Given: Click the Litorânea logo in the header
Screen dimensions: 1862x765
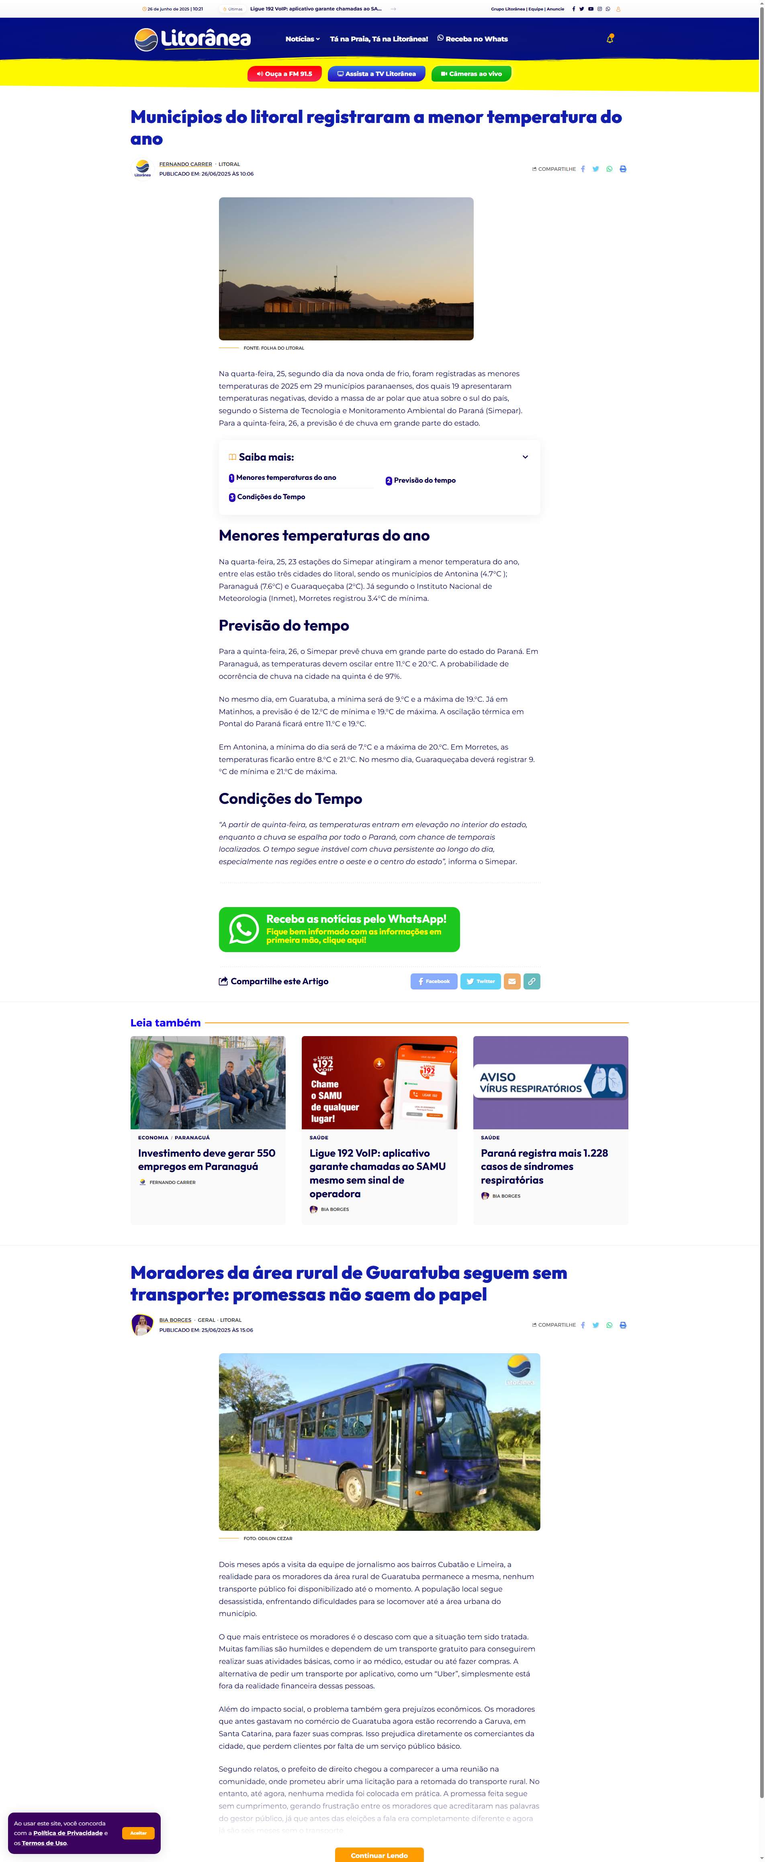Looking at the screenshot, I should [x=192, y=39].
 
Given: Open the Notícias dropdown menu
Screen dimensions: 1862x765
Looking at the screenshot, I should [x=302, y=39].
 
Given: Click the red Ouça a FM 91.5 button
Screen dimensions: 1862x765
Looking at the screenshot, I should [x=284, y=74].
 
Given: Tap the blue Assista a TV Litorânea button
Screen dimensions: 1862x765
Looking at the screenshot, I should [x=376, y=74].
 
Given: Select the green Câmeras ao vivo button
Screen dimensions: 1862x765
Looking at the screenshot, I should [x=471, y=74].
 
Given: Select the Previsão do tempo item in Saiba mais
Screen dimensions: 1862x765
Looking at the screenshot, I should [x=424, y=481].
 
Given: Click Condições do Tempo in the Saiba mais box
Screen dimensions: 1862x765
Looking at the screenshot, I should [x=271, y=497].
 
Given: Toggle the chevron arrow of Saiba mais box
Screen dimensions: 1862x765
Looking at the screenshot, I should [x=525, y=457].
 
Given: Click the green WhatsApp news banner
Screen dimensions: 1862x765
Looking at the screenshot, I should [x=339, y=930].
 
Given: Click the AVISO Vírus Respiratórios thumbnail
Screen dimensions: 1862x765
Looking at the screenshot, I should [x=550, y=1082].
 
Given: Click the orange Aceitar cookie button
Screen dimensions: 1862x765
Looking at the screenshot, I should [x=138, y=1832].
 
